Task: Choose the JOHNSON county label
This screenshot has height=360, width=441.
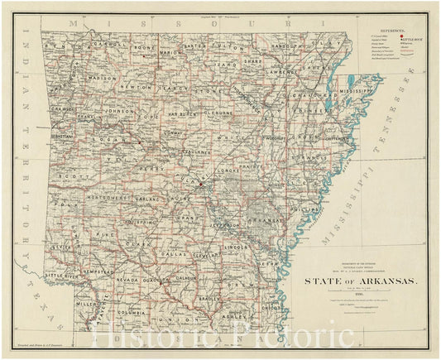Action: pyautogui.click(x=118, y=109)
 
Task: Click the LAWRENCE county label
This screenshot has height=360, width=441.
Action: pyautogui.click(x=280, y=72)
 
